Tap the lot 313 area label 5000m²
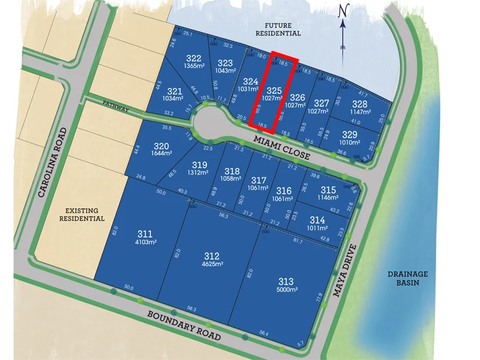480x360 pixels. coord(287,290)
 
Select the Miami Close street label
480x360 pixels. coord(281,147)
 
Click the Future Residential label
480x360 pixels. coord(277,29)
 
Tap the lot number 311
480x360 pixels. coord(145,234)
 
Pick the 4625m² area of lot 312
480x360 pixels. coord(212,264)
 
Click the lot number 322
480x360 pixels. coord(193,59)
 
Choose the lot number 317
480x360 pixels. coord(259,181)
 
